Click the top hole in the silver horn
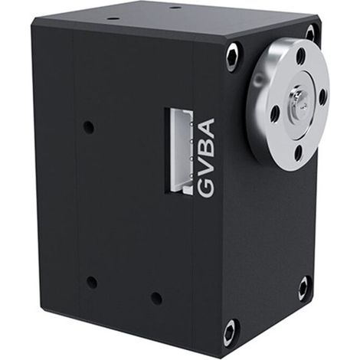click(x=301, y=55)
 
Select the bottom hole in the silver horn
click(x=298, y=152)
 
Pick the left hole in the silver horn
click(x=275, y=113)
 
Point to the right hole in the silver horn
click(x=322, y=95)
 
